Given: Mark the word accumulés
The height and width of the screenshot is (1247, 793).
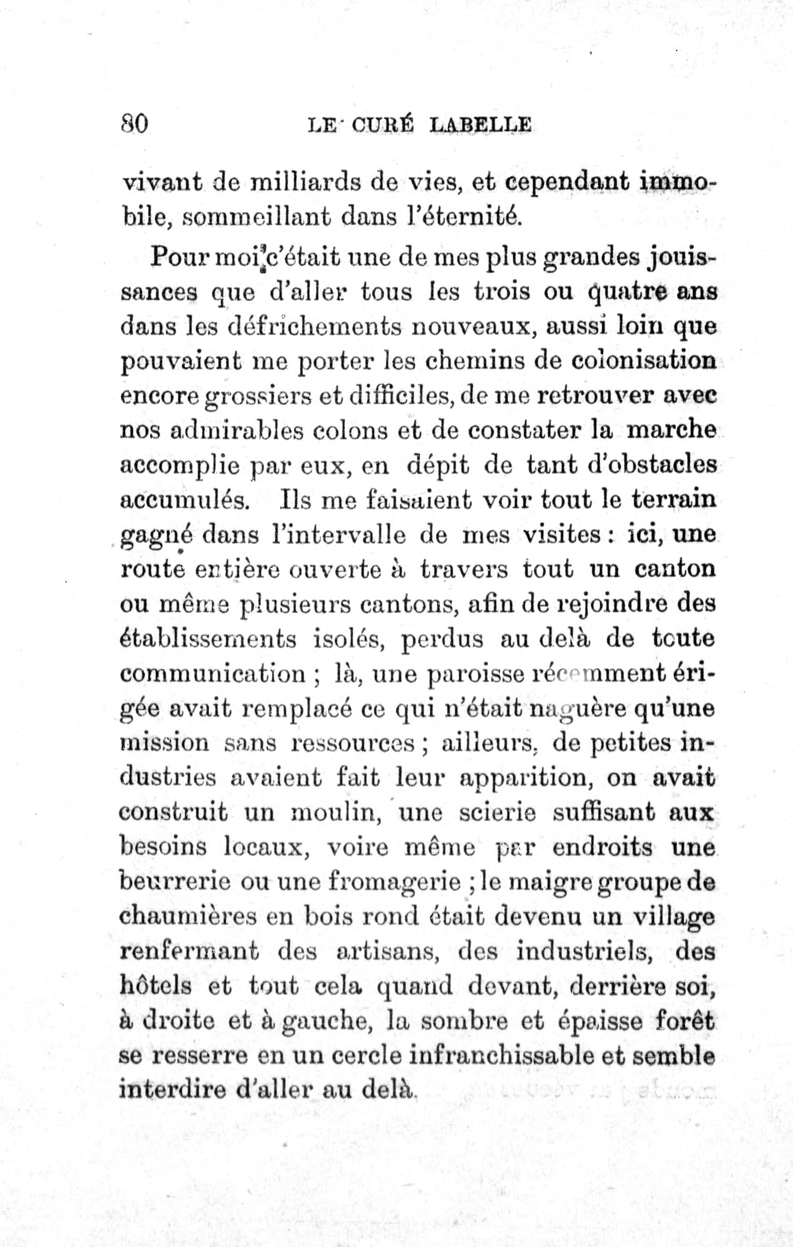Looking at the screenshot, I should (x=184, y=500).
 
